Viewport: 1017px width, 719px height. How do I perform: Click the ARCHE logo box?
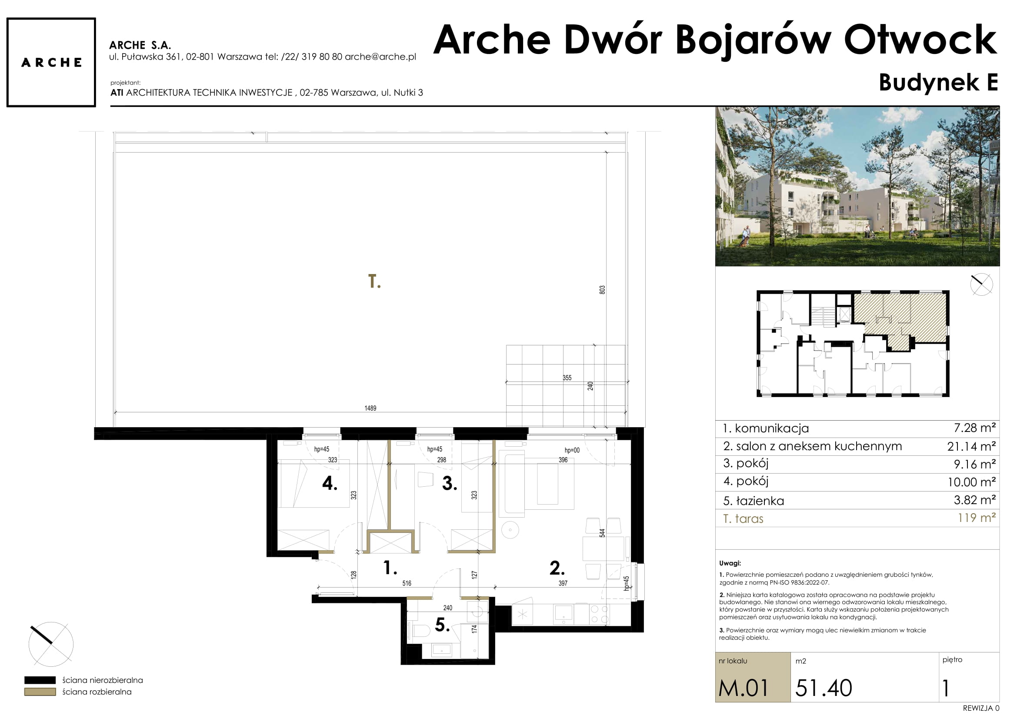point(51,63)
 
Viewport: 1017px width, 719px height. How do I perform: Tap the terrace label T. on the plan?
point(374,281)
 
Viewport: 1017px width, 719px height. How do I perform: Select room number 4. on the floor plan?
point(330,483)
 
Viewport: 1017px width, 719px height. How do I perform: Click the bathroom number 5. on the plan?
point(442,625)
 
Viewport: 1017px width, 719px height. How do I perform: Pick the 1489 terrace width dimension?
point(370,408)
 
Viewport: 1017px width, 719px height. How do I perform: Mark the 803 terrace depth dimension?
point(602,290)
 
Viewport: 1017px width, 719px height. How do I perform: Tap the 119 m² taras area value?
point(977,518)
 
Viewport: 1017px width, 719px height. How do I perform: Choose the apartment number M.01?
point(743,688)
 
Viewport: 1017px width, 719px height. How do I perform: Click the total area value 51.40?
point(824,688)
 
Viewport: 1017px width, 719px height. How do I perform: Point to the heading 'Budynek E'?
point(938,82)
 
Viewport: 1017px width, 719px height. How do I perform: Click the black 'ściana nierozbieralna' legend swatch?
point(40,680)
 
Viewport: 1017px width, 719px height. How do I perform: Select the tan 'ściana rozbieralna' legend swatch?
point(40,692)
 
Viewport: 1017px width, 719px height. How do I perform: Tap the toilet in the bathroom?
point(419,631)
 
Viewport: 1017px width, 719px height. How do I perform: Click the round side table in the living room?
point(510,530)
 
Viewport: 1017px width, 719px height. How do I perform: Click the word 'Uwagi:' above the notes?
point(730,564)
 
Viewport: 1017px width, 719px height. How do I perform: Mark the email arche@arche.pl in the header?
point(380,57)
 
